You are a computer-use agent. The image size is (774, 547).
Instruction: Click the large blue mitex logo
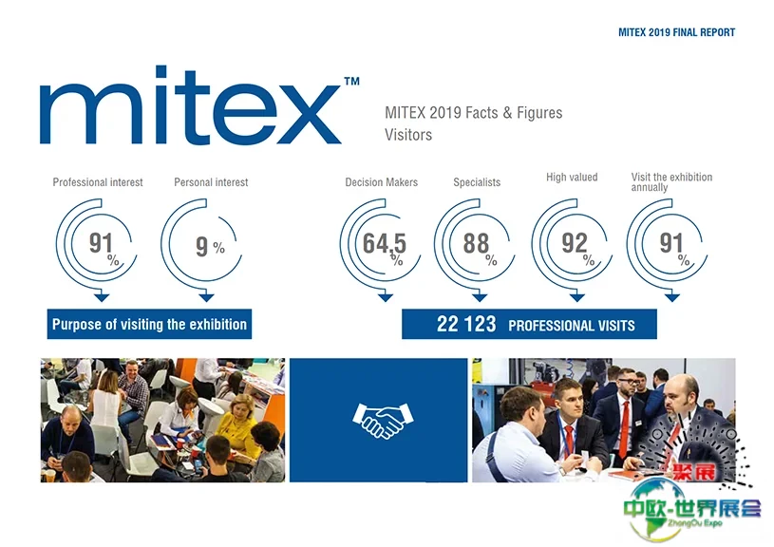[191, 104]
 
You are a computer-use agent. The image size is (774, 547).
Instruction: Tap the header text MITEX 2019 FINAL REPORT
[676, 32]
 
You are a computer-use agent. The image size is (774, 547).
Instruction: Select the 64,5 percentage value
[385, 244]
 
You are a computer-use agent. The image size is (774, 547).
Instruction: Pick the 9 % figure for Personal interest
[210, 246]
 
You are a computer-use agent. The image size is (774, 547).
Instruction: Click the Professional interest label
[98, 182]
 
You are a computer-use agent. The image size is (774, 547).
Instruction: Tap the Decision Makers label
[381, 182]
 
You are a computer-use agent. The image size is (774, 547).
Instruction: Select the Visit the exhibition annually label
[671, 182]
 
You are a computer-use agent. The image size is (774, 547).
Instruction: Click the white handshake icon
[383, 421]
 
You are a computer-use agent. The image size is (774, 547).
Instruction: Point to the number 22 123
[466, 325]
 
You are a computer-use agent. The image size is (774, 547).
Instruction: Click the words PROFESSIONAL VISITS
[572, 326]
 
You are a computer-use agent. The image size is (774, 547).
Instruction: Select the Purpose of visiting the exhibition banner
[149, 325]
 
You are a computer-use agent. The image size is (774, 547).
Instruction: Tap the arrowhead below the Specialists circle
[480, 297]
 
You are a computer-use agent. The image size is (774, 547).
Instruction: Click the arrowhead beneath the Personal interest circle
[206, 297]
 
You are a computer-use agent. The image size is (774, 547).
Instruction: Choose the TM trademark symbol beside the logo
[351, 82]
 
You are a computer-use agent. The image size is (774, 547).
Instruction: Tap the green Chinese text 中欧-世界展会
[692, 508]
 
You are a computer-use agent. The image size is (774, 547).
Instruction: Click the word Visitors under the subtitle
[408, 135]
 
